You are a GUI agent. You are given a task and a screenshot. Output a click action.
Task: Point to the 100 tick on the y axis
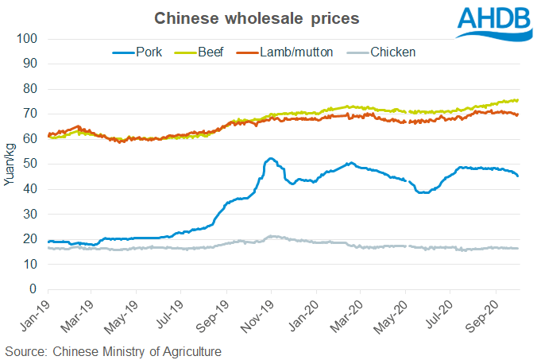click(x=26, y=39)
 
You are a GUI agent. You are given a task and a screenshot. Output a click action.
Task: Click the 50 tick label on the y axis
click(x=29, y=164)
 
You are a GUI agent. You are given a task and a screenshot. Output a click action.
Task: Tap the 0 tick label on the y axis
click(x=33, y=288)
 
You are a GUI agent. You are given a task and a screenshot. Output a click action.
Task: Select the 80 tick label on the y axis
click(x=29, y=88)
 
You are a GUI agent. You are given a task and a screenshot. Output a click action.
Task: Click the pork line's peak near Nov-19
click(x=271, y=158)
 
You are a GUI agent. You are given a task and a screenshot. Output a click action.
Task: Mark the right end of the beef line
click(x=518, y=100)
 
